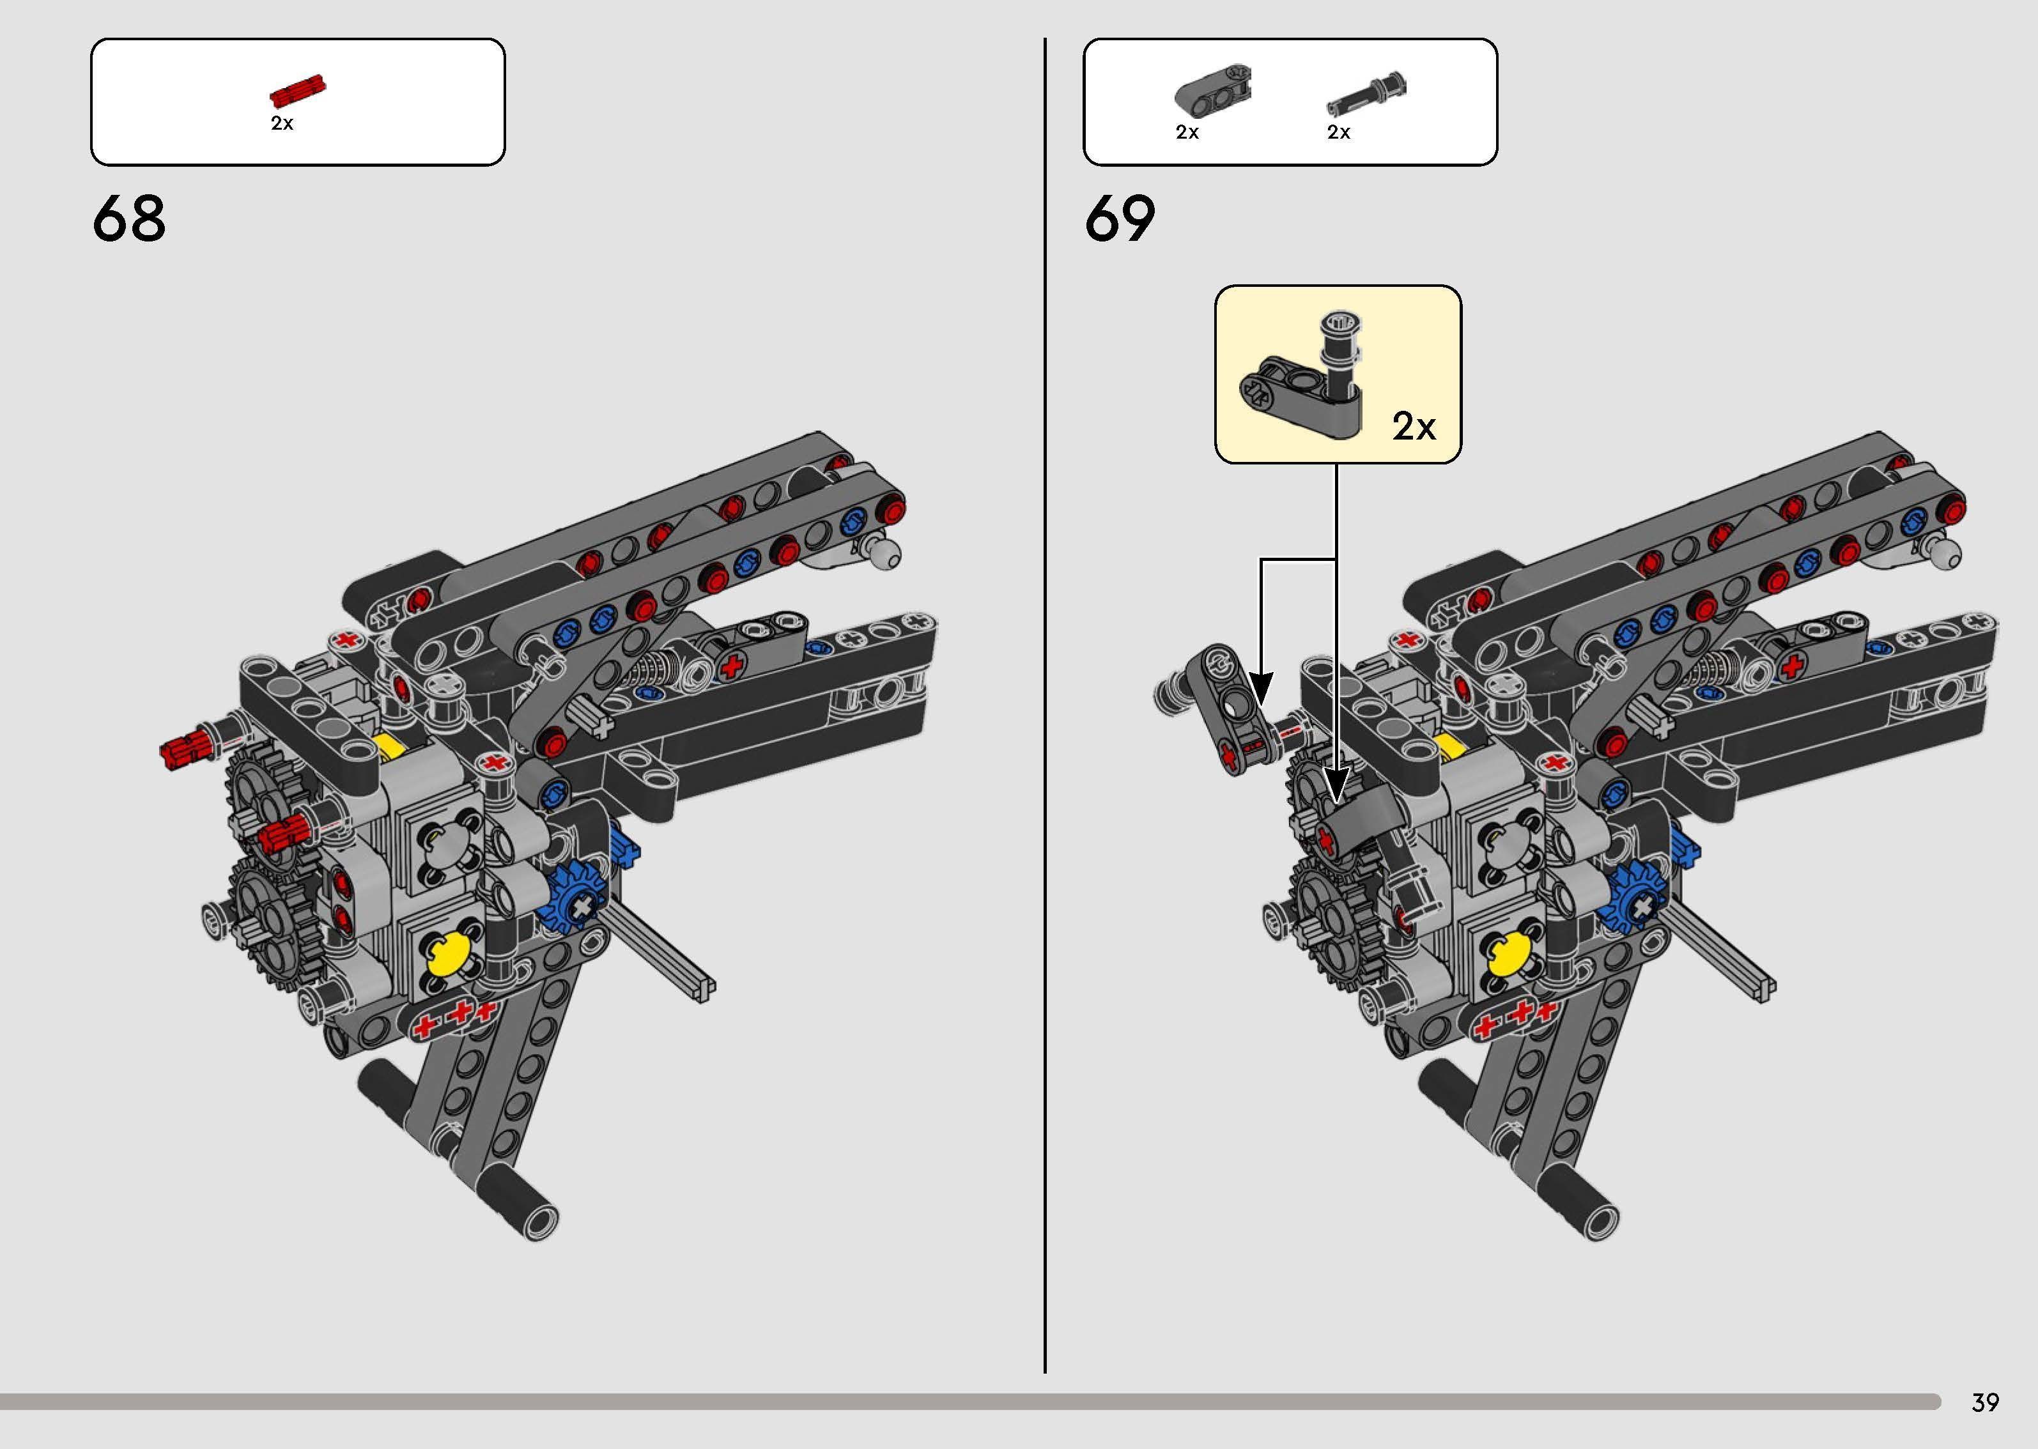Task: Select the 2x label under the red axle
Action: [x=282, y=124]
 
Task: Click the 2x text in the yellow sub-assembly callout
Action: [x=1414, y=427]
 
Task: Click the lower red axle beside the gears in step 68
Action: [x=283, y=835]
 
